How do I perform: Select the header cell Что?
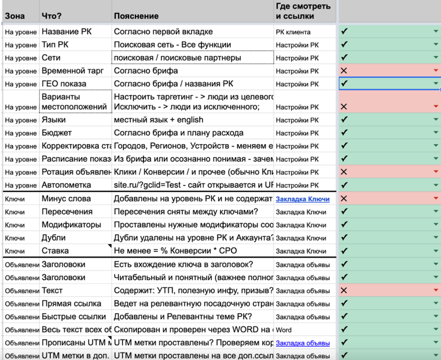point(52,16)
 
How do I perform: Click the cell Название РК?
point(67,32)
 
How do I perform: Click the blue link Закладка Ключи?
point(303,199)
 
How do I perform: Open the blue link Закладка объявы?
point(303,343)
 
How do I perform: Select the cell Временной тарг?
point(72,71)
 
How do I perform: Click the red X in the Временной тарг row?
point(344,71)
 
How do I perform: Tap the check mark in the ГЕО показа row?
point(344,83)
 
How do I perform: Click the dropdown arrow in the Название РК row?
point(436,32)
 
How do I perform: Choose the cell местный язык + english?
point(159,120)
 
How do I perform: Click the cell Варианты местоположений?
point(75,102)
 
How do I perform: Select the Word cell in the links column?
point(284,330)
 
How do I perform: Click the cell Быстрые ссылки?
point(73,317)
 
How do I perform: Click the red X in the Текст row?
point(344,290)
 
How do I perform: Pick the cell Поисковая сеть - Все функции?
point(172,45)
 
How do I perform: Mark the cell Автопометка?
point(66,185)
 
